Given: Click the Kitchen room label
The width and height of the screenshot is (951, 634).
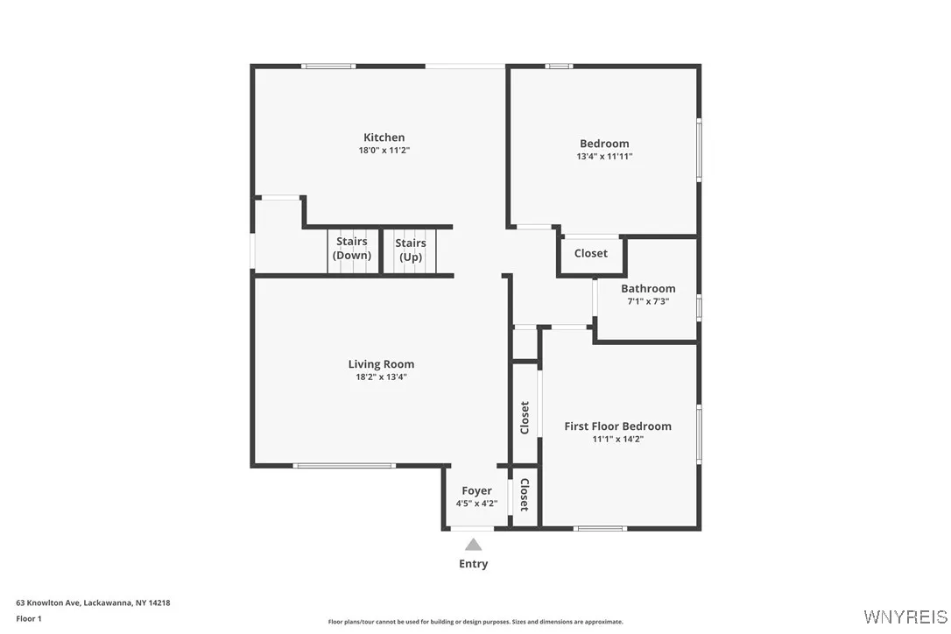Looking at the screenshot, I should (x=384, y=137).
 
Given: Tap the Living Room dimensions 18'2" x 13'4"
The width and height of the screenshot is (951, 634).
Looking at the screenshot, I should (x=381, y=377).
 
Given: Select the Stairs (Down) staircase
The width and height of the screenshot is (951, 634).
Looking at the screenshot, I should (x=351, y=250).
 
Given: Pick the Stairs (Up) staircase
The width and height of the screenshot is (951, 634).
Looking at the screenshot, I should (x=410, y=250).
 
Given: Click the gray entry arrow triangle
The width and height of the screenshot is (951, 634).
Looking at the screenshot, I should (x=473, y=545).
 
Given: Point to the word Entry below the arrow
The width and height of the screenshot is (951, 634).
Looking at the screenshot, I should (x=473, y=564).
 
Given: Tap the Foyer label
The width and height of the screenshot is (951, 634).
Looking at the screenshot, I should (x=476, y=491).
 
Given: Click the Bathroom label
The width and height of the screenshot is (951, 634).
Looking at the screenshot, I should (x=648, y=289).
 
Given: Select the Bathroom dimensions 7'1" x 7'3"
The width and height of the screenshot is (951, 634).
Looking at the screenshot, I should (x=648, y=301).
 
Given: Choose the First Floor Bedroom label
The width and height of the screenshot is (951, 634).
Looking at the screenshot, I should (x=617, y=426).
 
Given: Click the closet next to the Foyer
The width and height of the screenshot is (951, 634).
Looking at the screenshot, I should (x=524, y=496).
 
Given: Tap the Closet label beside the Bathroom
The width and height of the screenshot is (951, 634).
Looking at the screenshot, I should (x=590, y=254).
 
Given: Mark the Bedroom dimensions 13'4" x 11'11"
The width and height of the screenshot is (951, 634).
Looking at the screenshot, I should (x=604, y=157).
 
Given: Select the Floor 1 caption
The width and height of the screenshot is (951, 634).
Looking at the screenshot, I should (x=29, y=619).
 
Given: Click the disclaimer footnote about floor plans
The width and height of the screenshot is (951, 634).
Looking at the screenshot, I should (x=475, y=622).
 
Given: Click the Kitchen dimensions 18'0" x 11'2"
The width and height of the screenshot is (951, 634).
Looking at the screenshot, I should (x=384, y=151).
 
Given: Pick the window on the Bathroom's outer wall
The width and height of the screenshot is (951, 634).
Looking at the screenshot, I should (x=698, y=306).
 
